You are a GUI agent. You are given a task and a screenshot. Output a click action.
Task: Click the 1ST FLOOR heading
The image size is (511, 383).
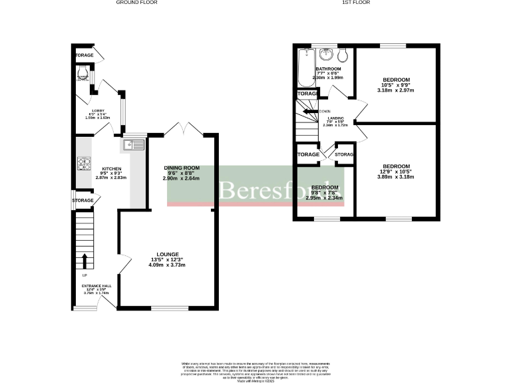[x=356, y=3]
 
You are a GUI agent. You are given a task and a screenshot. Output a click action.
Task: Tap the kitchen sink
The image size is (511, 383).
[x=134, y=144]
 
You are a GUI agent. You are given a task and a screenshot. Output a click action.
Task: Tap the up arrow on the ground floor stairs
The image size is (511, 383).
[x=85, y=259]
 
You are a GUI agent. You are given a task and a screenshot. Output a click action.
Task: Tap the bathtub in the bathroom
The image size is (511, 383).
[x=306, y=68]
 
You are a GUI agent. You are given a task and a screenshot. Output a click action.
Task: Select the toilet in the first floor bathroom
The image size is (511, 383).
[x=342, y=55]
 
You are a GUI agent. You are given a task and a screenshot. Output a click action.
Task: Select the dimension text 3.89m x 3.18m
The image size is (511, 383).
[x=396, y=178]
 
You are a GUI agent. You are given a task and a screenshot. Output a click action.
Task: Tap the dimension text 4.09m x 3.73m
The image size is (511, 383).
[x=166, y=265]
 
